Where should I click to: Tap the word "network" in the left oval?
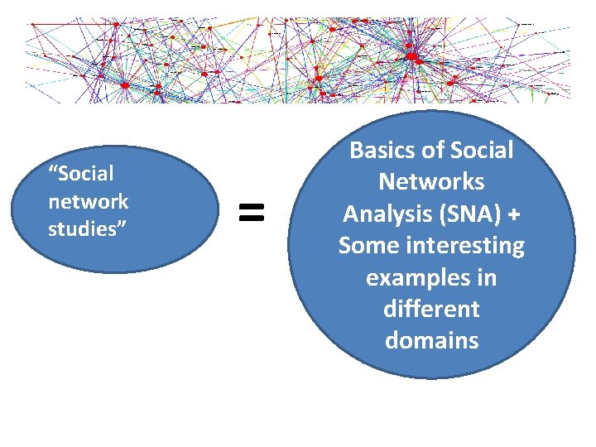[x=89, y=201]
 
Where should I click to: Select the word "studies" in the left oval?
[x=84, y=229]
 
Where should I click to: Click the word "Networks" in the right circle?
[x=432, y=182]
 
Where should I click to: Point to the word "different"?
[x=432, y=309]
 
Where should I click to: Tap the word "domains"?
[x=432, y=340]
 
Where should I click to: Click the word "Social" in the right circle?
[x=483, y=151]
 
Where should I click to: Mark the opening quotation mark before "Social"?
[x=53, y=170]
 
